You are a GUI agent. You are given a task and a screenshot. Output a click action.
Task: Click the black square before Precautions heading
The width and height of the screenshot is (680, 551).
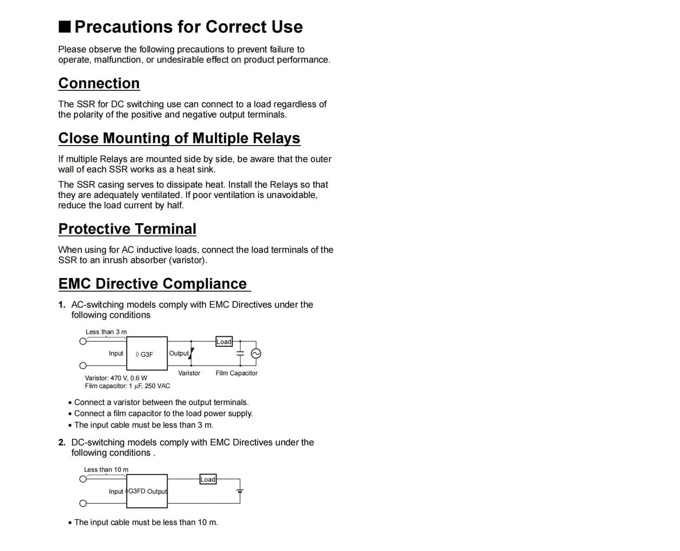pyautogui.click(x=65, y=27)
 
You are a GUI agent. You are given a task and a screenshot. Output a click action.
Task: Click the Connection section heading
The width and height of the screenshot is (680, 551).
pyautogui.click(x=99, y=83)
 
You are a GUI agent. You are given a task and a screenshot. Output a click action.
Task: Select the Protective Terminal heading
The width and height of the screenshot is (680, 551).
pyautogui.click(x=127, y=229)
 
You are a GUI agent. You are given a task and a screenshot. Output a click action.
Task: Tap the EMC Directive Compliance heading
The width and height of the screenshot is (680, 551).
pyautogui.click(x=153, y=284)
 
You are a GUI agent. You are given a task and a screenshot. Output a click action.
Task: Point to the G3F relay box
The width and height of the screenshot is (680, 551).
pyautogui.click(x=146, y=354)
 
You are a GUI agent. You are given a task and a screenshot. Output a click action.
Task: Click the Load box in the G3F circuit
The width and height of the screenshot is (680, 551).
pyautogui.click(x=224, y=341)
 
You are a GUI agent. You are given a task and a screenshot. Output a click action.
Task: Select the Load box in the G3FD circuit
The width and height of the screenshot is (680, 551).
pyautogui.click(x=208, y=479)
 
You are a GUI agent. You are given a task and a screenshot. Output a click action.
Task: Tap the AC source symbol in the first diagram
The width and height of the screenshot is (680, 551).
pyautogui.click(x=256, y=353)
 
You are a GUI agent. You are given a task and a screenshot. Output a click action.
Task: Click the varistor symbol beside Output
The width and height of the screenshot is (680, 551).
pyautogui.click(x=191, y=353)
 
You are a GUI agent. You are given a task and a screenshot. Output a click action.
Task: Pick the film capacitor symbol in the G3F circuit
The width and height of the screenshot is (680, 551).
pyautogui.click(x=240, y=353)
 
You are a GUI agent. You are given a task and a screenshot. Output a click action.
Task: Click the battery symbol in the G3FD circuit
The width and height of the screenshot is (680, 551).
pyautogui.click(x=240, y=491)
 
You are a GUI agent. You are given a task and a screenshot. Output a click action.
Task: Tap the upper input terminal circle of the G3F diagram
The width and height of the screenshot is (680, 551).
pyautogui.click(x=83, y=341)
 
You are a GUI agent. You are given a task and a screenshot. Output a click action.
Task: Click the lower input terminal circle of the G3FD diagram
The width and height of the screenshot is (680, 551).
pyautogui.click(x=83, y=503)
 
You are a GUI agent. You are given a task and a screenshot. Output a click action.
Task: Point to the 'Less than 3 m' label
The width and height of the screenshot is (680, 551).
pyautogui.click(x=106, y=332)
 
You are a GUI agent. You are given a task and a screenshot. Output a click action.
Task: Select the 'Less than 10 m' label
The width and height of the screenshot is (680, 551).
pyautogui.click(x=106, y=470)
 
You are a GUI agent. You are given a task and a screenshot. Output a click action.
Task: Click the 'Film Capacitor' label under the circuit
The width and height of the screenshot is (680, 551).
pyautogui.click(x=236, y=373)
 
